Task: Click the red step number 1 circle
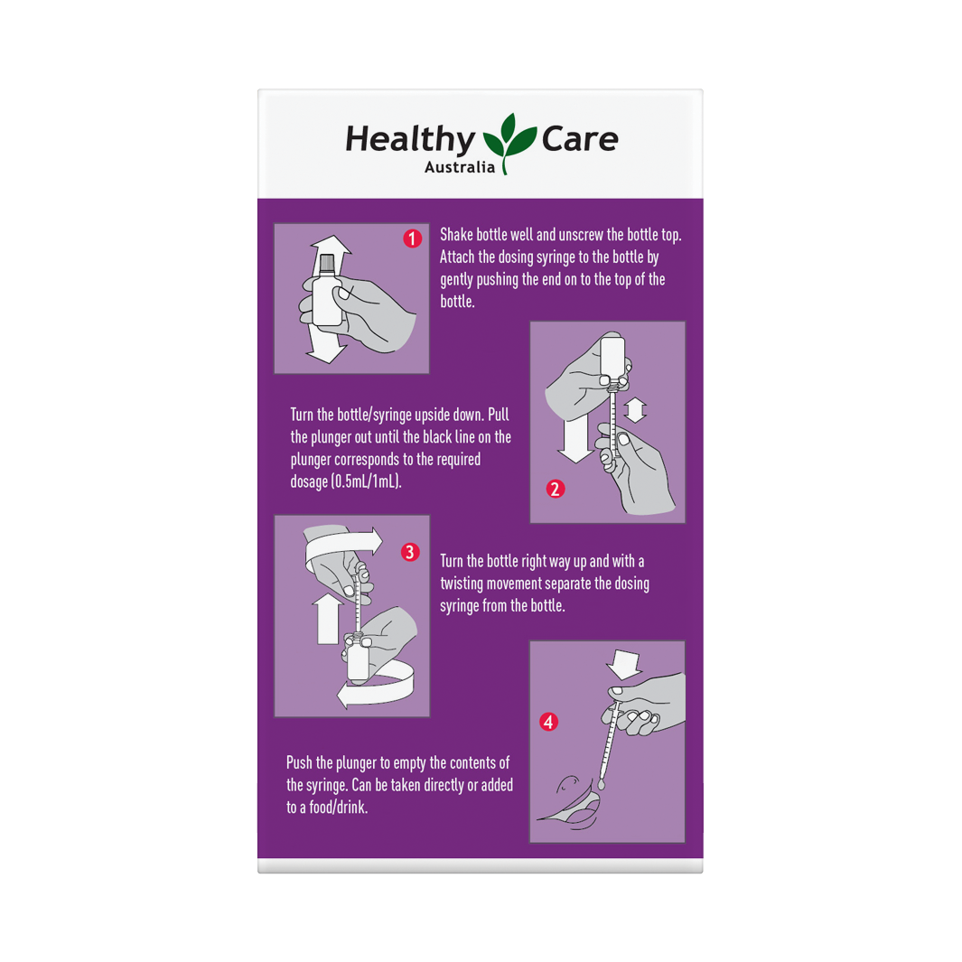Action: point(412,238)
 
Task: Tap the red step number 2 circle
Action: point(556,489)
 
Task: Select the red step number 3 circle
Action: point(410,552)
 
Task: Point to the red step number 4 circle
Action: point(548,722)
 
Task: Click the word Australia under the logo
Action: point(460,167)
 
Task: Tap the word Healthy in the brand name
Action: point(410,139)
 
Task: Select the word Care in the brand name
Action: point(580,139)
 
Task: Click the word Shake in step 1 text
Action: point(456,235)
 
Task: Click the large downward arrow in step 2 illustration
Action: point(575,440)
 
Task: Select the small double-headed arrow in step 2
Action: point(635,410)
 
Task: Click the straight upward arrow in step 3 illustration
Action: point(328,619)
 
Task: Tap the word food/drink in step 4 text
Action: point(338,808)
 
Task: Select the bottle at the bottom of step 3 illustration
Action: point(358,658)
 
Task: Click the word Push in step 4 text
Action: point(299,762)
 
